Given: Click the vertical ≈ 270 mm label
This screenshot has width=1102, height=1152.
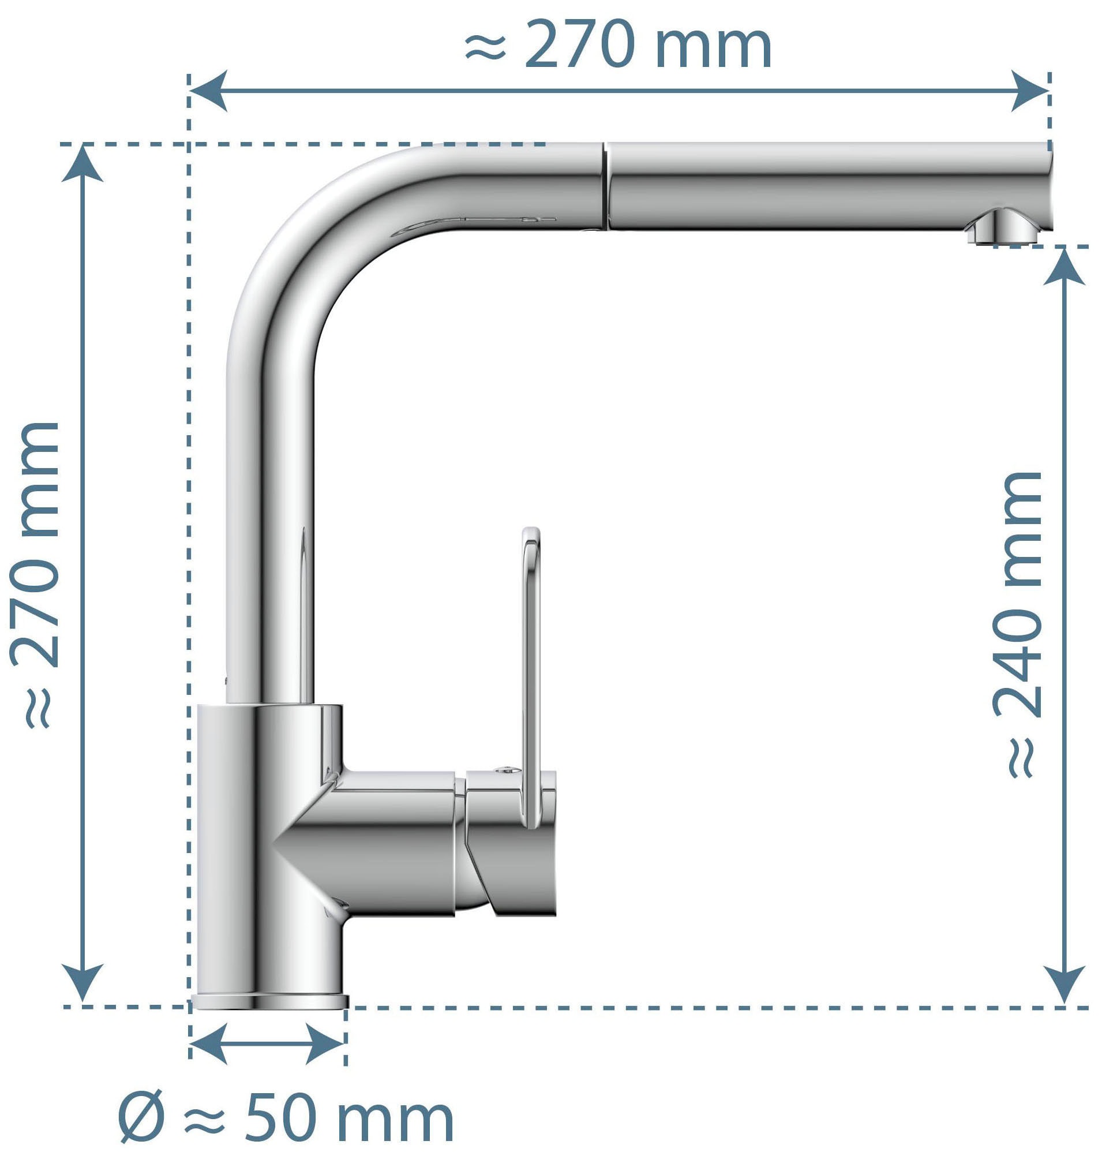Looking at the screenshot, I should click(36, 575).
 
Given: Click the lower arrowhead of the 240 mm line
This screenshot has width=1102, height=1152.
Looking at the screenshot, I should click(1064, 983).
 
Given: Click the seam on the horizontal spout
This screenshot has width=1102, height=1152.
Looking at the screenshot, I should click(605, 185).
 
